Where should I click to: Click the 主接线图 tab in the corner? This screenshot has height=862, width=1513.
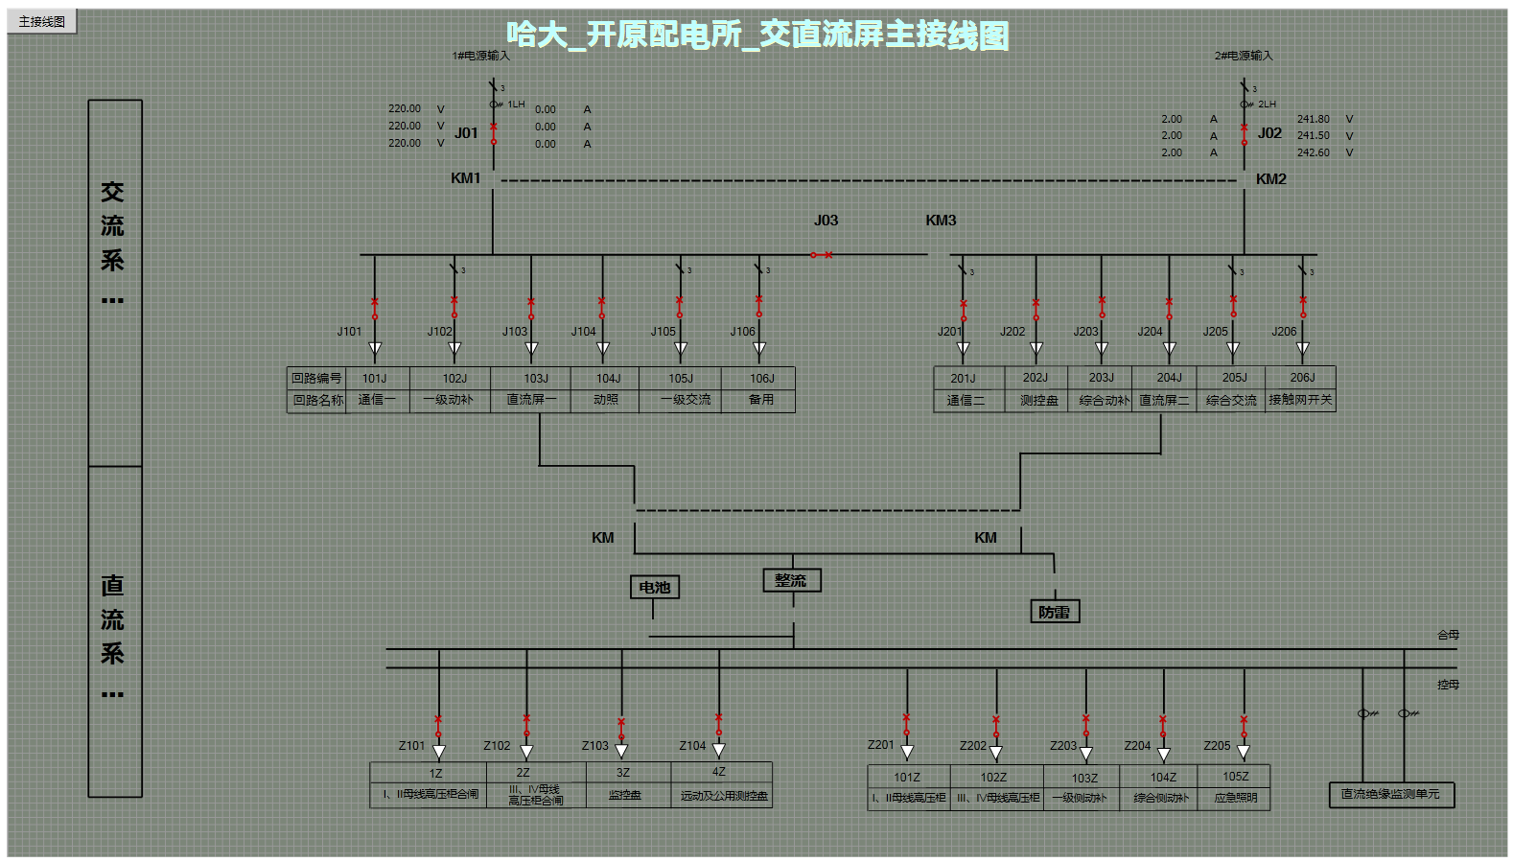[42, 21]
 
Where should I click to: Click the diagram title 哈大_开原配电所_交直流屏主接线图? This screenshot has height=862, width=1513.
[757, 35]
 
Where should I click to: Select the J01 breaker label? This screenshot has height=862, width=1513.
[466, 133]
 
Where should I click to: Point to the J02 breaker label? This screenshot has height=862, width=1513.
[1269, 133]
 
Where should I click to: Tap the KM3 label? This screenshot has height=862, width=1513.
[941, 221]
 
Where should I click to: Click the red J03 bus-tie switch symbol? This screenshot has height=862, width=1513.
[821, 255]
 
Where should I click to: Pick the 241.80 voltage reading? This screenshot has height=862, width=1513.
[1313, 119]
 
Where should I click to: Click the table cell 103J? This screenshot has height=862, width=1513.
[535, 379]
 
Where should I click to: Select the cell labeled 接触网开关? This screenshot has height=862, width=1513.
[1300, 400]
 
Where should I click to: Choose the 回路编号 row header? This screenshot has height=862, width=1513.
[316, 379]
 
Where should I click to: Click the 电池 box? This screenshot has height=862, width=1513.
[655, 588]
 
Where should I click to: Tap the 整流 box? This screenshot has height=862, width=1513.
[791, 580]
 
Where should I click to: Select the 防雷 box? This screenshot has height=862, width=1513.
[1054, 612]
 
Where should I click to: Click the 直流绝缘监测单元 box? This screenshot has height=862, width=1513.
[1390, 794]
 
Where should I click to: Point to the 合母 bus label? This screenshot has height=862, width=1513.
[1448, 635]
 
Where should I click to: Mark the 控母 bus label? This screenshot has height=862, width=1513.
[1448, 685]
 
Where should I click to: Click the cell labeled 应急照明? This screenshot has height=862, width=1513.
[1235, 798]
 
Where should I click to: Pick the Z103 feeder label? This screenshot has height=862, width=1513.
[594, 746]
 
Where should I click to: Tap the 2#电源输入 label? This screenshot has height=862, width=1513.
[1244, 56]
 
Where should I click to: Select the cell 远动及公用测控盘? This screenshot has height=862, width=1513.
[724, 796]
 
